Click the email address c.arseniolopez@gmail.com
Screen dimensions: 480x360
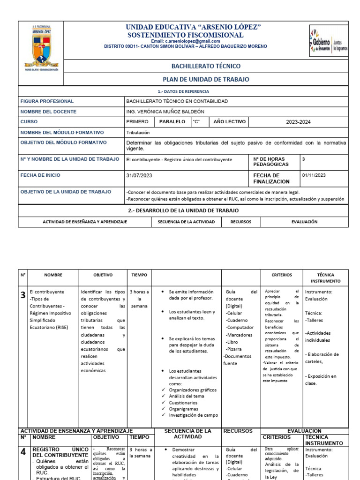185,41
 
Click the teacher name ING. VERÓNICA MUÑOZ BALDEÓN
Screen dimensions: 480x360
165,112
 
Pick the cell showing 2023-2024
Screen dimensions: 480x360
298,122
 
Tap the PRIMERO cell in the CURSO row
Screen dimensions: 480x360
137,122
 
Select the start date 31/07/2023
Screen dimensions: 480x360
139,175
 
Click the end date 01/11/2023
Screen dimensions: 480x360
314,175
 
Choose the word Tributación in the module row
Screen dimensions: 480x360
138,133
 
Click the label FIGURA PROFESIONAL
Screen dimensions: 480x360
47,101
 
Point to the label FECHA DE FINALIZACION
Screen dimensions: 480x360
271,178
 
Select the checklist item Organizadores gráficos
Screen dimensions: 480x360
193,390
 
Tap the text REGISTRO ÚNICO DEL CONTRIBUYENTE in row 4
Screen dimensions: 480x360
60,452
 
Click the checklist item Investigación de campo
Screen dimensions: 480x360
193,415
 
